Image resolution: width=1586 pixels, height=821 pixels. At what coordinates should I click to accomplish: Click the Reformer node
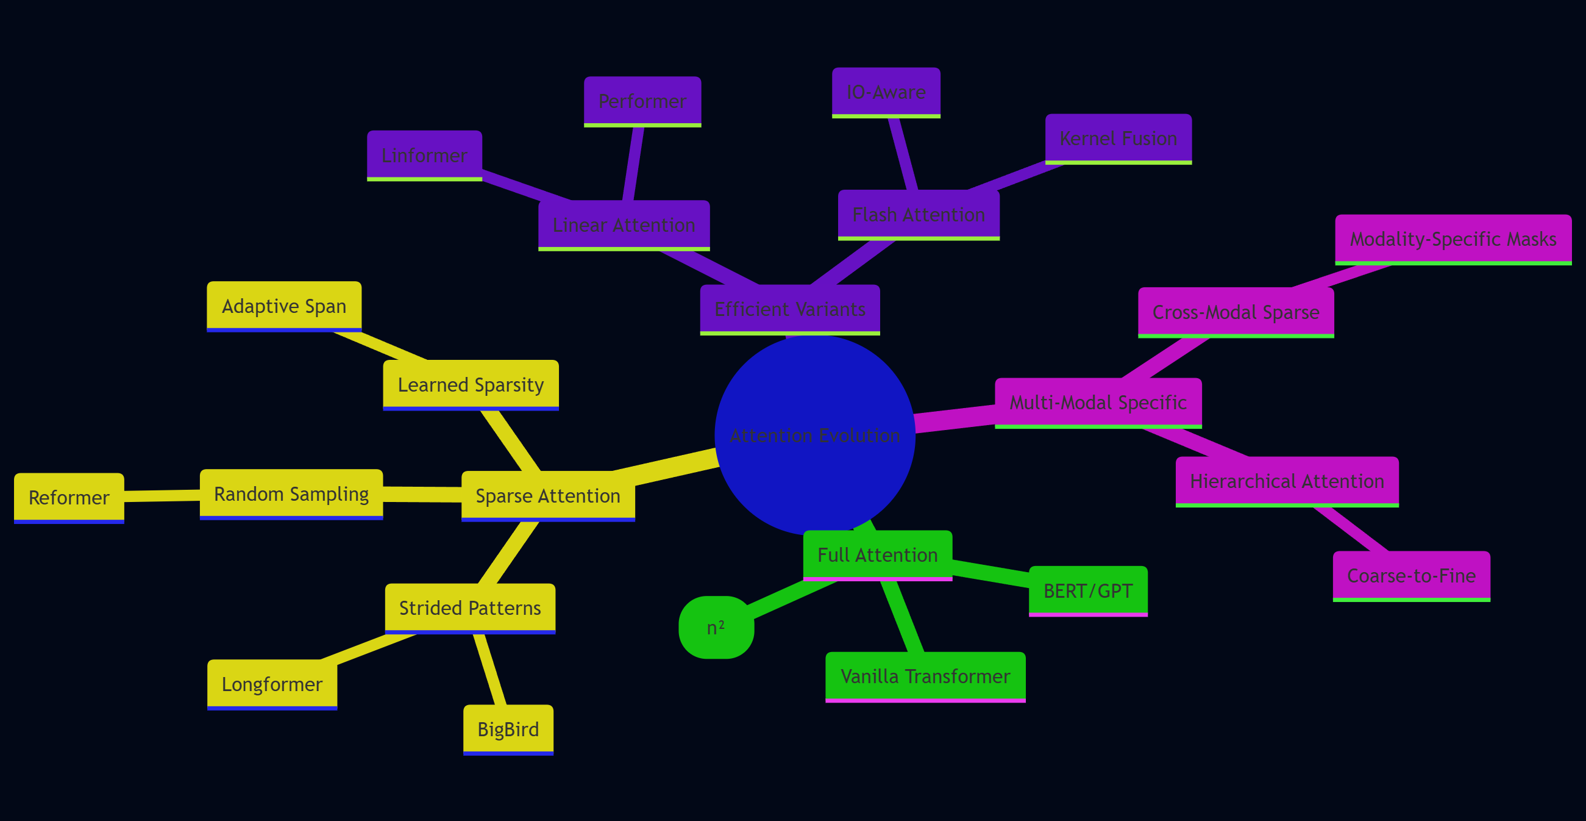coord(69,498)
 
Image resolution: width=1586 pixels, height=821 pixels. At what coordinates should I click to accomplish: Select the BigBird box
coord(508,730)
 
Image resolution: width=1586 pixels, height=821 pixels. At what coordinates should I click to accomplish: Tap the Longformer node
coord(271,684)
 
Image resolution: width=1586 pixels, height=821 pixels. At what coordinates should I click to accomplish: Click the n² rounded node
coord(716,628)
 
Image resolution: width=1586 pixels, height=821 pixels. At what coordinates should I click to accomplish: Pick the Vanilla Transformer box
coord(925,676)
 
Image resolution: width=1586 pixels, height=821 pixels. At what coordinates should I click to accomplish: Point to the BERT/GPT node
coord(1088,590)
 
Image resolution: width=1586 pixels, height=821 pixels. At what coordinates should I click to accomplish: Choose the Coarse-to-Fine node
coord(1411,576)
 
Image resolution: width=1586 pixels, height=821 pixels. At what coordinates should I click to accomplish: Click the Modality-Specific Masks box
coord(1453,239)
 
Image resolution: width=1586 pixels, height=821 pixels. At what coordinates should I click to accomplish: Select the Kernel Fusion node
coord(1118,138)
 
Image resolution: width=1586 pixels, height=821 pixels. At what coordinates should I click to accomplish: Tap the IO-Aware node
coord(886,92)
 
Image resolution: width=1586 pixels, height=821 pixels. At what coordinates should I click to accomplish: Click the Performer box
coord(642,101)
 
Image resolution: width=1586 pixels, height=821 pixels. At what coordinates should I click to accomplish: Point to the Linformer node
coord(424,155)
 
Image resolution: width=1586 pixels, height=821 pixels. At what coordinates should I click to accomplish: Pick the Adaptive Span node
coord(284,306)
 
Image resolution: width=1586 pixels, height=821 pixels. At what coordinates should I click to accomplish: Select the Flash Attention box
coord(918,214)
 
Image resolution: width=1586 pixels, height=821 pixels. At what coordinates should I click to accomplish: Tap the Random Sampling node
coord(291,494)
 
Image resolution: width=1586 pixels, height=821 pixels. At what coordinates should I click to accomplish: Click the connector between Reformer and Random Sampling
coord(162,496)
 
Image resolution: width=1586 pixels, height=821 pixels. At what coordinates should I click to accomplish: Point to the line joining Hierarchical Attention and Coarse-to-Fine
coord(1352,529)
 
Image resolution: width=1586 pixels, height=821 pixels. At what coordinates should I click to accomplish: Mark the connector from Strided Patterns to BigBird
coord(489,670)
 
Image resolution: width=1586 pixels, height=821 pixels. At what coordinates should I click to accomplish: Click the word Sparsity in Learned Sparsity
coord(509,385)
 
